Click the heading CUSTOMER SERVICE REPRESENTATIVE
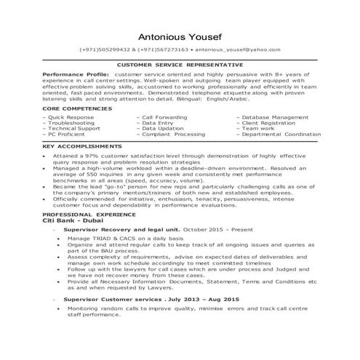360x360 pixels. [x=180, y=65]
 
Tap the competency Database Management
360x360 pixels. [x=271, y=116]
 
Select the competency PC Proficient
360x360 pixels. [x=66, y=135]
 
